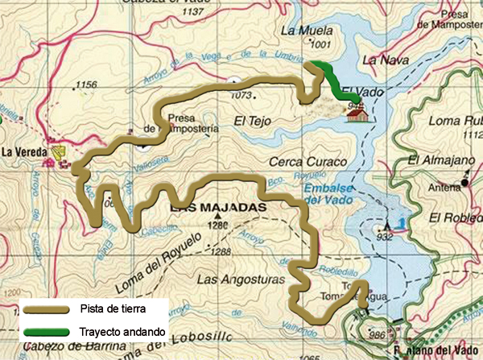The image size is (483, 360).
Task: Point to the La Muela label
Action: click(301, 31)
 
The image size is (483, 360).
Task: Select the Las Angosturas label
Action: click(230, 279)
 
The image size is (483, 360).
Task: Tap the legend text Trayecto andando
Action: click(122, 332)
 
